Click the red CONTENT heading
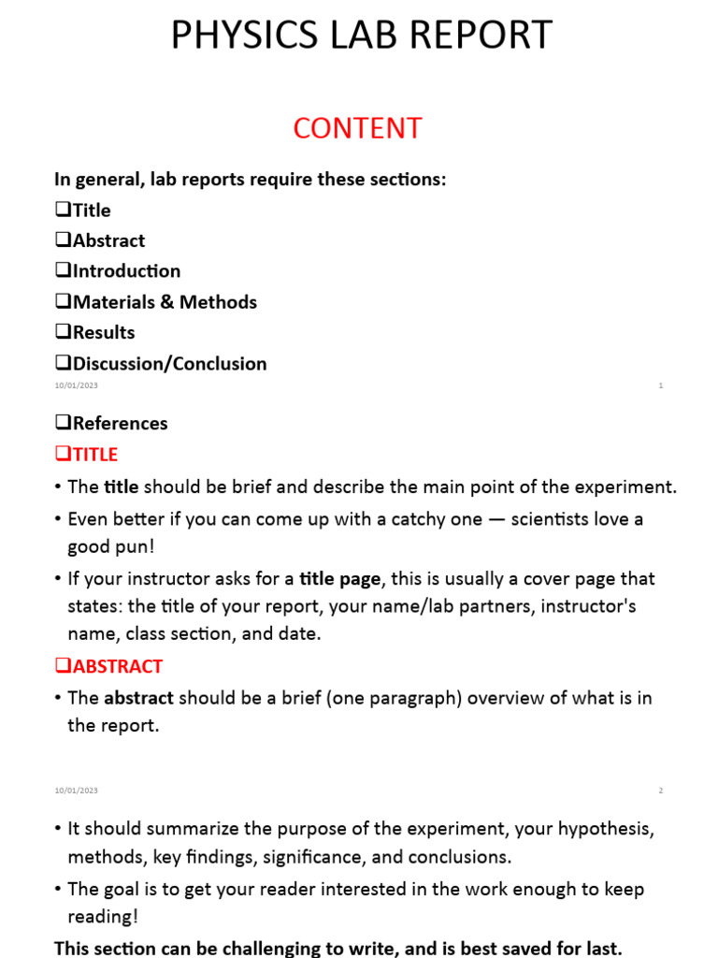pyautogui.click(x=358, y=128)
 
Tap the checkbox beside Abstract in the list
pyautogui.click(x=64, y=239)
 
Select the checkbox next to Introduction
pyautogui.click(x=64, y=270)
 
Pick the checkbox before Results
pyautogui.click(x=64, y=332)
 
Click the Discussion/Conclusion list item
pyautogui.click(x=169, y=363)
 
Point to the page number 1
pyautogui.click(x=661, y=385)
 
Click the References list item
pyautogui.click(x=120, y=423)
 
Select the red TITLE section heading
pyautogui.click(x=94, y=454)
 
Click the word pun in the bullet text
pyautogui.click(x=135, y=546)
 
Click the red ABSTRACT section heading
pyautogui.click(x=117, y=666)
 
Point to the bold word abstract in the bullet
pyautogui.click(x=138, y=698)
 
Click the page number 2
pyautogui.click(x=660, y=791)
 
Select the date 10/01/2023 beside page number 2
pyautogui.click(x=76, y=791)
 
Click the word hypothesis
pyautogui.click(x=606, y=829)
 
